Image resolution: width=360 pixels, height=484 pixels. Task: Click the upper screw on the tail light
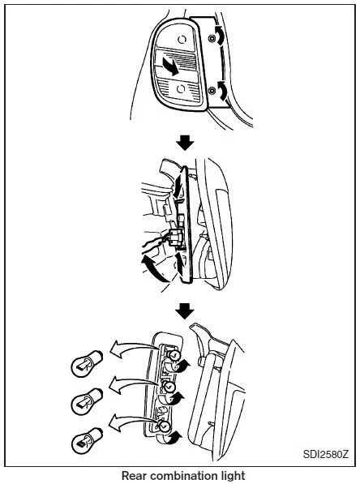212,38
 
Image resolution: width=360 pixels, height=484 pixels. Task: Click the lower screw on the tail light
212,91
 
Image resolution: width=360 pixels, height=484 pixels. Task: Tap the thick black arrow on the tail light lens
168,66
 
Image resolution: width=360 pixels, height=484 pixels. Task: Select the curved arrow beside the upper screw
221,35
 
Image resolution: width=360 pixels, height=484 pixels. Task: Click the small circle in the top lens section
182,39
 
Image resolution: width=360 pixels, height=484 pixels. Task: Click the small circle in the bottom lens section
181,89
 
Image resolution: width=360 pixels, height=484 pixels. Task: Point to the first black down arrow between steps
185,143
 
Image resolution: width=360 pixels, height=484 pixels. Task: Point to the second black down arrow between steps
185,311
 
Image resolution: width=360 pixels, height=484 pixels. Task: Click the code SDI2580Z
325,455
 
